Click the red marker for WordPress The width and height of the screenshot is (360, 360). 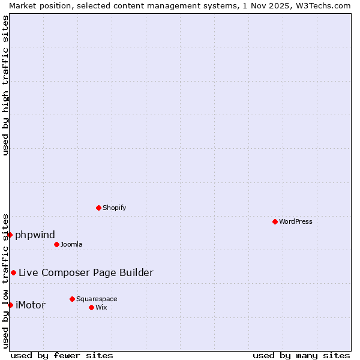(x=275, y=221)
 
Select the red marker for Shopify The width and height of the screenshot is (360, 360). (x=98, y=208)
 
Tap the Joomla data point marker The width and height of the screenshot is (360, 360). (x=56, y=244)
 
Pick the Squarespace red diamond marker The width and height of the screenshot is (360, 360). (x=72, y=299)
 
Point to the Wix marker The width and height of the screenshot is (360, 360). (x=91, y=307)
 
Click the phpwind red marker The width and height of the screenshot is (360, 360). (x=10, y=235)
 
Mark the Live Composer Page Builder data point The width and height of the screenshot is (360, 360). (x=13, y=272)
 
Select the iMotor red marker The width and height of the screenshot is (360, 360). (x=10, y=305)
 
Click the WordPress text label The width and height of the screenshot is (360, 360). (x=296, y=221)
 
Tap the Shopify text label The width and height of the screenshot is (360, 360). (x=114, y=208)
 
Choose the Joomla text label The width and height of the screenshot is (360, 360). (x=71, y=244)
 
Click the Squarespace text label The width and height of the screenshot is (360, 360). (x=97, y=299)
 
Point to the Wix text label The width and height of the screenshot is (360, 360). (x=101, y=307)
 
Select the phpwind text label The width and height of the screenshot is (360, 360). (x=35, y=235)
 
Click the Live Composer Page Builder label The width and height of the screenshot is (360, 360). (x=86, y=272)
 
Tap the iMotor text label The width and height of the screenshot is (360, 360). (x=30, y=305)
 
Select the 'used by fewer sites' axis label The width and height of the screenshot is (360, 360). (x=62, y=355)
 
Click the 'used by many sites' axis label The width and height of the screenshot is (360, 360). (x=301, y=355)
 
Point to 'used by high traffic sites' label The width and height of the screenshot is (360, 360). (x=6, y=85)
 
